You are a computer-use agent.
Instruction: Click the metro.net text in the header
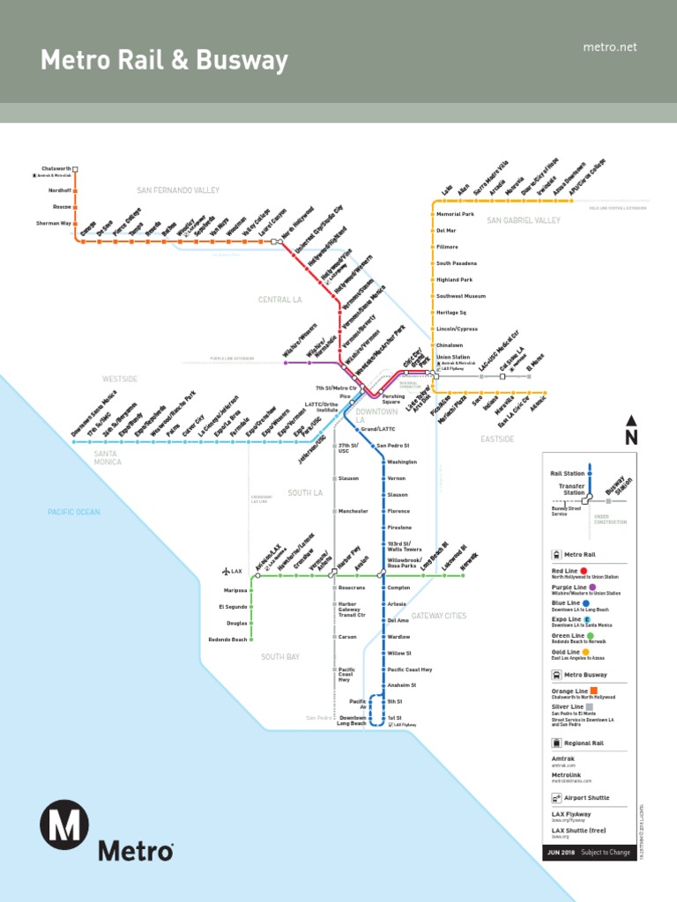[x=609, y=47]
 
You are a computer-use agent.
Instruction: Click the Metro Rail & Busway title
[x=164, y=61]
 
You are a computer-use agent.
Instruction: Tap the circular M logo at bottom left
[x=63, y=824]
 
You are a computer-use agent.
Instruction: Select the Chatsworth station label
[x=55, y=168]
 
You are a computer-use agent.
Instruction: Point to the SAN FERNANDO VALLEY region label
[x=177, y=190]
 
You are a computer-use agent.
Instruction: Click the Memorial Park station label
[x=455, y=214]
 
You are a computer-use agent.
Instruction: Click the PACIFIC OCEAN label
[x=74, y=512]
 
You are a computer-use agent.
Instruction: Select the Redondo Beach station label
[x=227, y=639]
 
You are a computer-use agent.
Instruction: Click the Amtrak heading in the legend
[x=563, y=758]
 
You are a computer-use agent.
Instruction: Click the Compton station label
[x=398, y=588]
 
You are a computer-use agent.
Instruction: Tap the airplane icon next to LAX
[x=226, y=572]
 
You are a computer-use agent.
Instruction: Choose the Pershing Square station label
[x=392, y=399]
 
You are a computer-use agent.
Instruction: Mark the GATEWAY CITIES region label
[x=438, y=616]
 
